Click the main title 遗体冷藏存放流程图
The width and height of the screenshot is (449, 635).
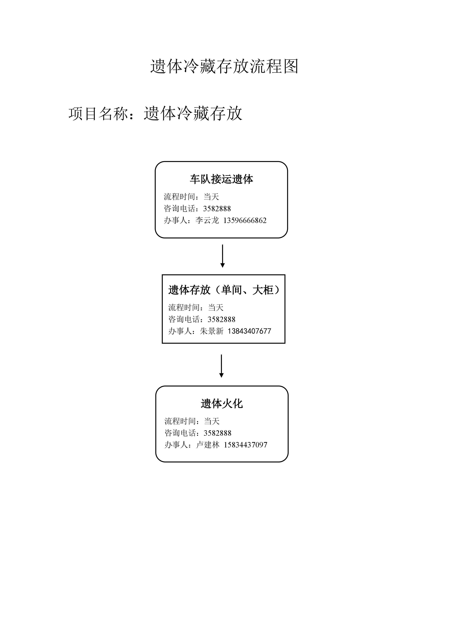coord(224,66)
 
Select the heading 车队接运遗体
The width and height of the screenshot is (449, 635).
coord(222,179)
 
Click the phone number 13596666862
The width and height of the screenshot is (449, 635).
coord(245,220)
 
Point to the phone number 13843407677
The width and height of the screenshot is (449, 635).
coord(249,331)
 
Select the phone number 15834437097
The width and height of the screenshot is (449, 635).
coord(246,445)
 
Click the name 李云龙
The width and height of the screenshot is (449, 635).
coord(207,220)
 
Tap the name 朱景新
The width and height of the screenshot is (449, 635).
coord(212,331)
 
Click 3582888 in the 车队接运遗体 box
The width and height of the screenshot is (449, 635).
coord(217,209)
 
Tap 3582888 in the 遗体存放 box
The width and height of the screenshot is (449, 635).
coord(222,319)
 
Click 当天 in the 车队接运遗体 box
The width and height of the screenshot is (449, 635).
coord(211,197)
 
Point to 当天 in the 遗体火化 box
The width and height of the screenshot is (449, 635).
coord(212,421)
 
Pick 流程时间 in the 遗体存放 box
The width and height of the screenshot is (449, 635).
coord(184,308)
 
